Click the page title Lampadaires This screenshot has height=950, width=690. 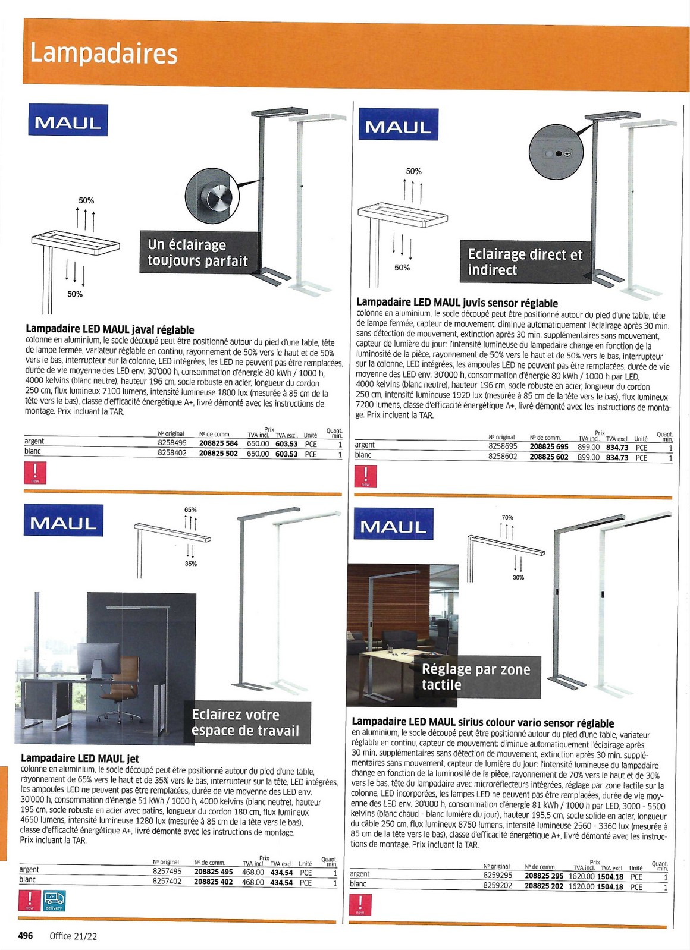(103, 53)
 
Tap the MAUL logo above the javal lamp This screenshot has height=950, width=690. (68, 121)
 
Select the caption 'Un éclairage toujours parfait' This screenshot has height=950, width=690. (199, 253)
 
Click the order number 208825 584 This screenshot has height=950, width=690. (218, 443)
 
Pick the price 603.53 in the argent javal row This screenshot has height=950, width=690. (286, 443)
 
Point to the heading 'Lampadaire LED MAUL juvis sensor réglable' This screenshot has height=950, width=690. (457, 303)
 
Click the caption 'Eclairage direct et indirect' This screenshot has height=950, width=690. (525, 262)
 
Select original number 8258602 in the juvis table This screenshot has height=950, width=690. (503, 457)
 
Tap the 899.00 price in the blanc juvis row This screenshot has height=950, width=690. (588, 457)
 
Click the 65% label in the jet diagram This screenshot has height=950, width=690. (190, 510)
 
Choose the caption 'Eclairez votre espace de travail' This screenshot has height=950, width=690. (245, 723)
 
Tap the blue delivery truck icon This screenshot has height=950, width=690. (54, 899)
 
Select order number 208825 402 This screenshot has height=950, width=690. (214, 882)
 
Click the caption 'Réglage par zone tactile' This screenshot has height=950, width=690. (475, 677)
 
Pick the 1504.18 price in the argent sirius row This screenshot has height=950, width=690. (610, 877)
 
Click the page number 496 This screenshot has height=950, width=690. (26, 936)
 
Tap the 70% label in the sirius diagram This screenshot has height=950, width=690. (507, 518)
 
